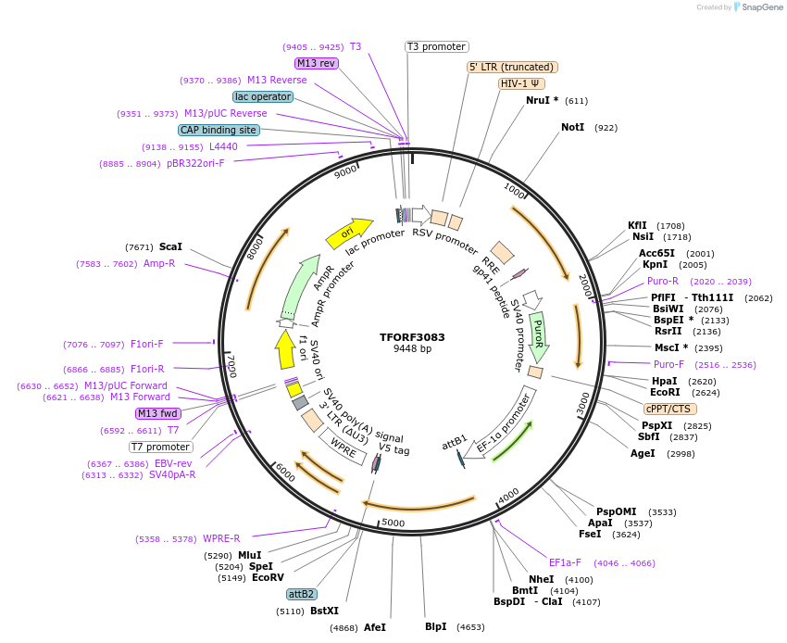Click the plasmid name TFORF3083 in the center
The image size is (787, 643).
pyautogui.click(x=411, y=337)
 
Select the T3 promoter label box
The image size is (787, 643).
pyautogui.click(x=437, y=46)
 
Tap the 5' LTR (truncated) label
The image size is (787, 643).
pyautogui.click(x=512, y=67)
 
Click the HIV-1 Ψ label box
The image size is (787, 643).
pyautogui.click(x=521, y=83)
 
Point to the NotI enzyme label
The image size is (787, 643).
pyautogui.click(x=572, y=127)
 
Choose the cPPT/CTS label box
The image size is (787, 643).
pyautogui.click(x=670, y=409)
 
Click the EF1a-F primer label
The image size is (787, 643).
pyautogui.click(x=565, y=562)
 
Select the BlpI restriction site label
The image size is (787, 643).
pyautogui.click(x=435, y=626)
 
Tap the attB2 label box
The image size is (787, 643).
pyautogui.click(x=302, y=594)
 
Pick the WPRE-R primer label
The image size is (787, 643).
pyautogui.click(x=222, y=538)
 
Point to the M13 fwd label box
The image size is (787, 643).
pyautogui.click(x=157, y=413)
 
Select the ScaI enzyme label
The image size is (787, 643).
pyautogui.click(x=170, y=247)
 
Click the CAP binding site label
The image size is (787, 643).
pyautogui.click(x=219, y=131)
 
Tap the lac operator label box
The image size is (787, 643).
pyautogui.click(x=263, y=96)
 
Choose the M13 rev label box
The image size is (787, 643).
pyautogui.click(x=316, y=63)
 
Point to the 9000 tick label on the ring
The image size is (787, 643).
pyautogui.click(x=345, y=171)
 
